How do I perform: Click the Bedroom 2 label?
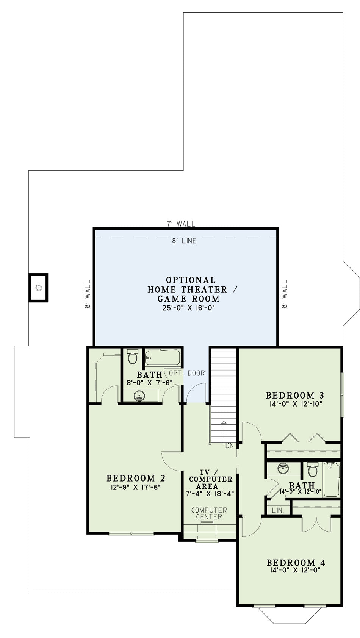[x=136, y=478]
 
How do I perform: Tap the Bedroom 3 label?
[x=295, y=395]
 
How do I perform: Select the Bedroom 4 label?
[x=296, y=563]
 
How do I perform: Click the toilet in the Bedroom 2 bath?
[x=133, y=356]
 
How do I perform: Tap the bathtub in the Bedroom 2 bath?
[x=162, y=357]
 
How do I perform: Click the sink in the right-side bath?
[x=283, y=468]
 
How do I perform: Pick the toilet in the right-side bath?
[x=313, y=470]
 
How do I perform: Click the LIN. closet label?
[x=278, y=510]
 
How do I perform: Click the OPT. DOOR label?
[x=187, y=373]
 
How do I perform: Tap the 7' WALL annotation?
[x=181, y=224]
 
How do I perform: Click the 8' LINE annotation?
[x=184, y=241]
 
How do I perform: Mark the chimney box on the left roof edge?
[x=38, y=288]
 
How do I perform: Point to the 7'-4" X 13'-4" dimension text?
[x=210, y=494]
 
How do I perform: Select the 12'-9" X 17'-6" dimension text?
[x=136, y=487]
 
